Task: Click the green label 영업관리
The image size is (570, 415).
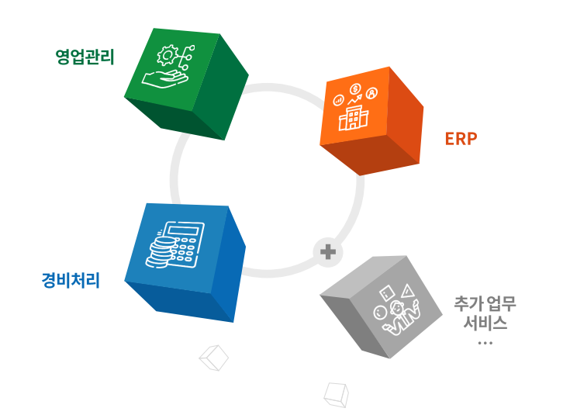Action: (85, 57)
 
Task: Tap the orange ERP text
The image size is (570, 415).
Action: (461, 139)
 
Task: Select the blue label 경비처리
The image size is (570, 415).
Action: (71, 279)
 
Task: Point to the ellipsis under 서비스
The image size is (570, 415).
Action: (486, 342)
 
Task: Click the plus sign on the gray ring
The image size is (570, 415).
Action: (327, 251)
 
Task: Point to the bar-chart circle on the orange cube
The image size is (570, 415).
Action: (338, 100)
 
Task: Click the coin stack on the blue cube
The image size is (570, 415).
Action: (161, 253)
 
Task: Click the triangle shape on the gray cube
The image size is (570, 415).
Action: (406, 290)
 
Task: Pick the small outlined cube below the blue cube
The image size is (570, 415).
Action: (214, 358)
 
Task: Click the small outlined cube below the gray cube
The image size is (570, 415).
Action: (335, 394)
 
